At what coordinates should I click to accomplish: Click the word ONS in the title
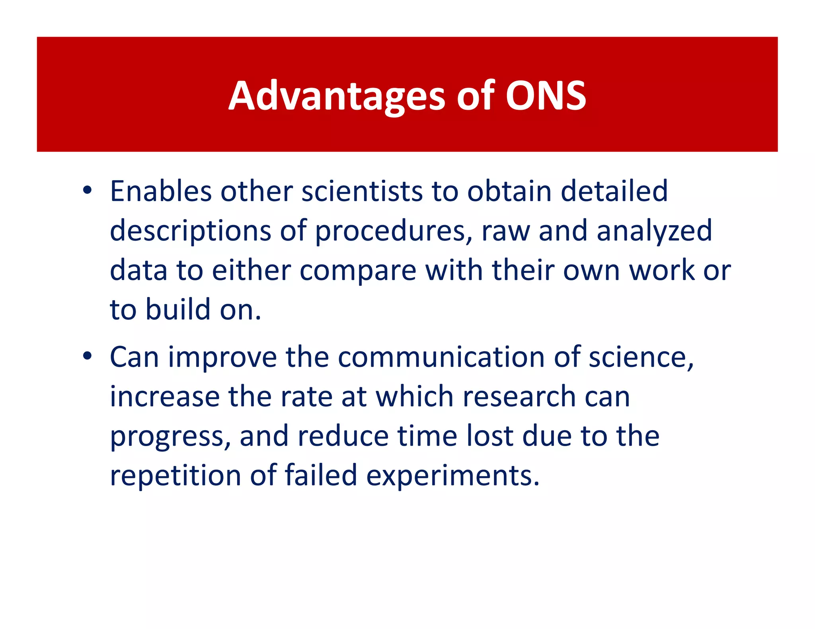546,96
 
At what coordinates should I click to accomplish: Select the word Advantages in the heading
337,97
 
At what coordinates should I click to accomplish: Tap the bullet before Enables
88,191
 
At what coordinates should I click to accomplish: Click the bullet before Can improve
88,356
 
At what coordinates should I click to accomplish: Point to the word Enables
160,192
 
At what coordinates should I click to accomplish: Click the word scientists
362,192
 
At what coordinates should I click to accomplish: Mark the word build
178,310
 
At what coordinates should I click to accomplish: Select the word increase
164,397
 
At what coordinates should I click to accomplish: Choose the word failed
321,476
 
